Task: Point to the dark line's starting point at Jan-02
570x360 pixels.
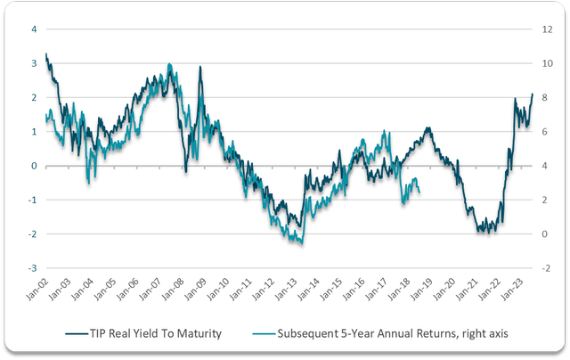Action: point(45,54)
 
